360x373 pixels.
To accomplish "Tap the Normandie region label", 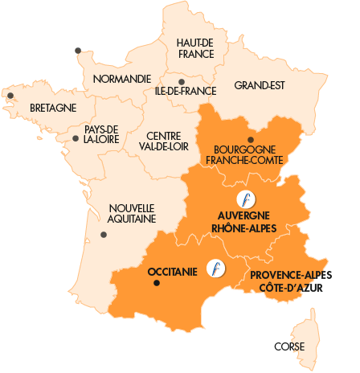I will coord(121,79).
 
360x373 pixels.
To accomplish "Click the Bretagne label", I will coord(53,107).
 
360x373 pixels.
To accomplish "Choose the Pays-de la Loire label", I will coord(101,133).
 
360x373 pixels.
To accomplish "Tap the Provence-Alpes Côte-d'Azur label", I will coord(290,281).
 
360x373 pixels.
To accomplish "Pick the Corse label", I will coord(288,346).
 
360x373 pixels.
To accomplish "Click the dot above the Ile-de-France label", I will coord(182,81).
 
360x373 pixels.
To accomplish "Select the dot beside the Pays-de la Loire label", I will coord(76,138).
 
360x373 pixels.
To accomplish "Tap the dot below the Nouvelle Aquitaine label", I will coord(104,235).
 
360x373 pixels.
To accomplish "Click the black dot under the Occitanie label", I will coord(157,283).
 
